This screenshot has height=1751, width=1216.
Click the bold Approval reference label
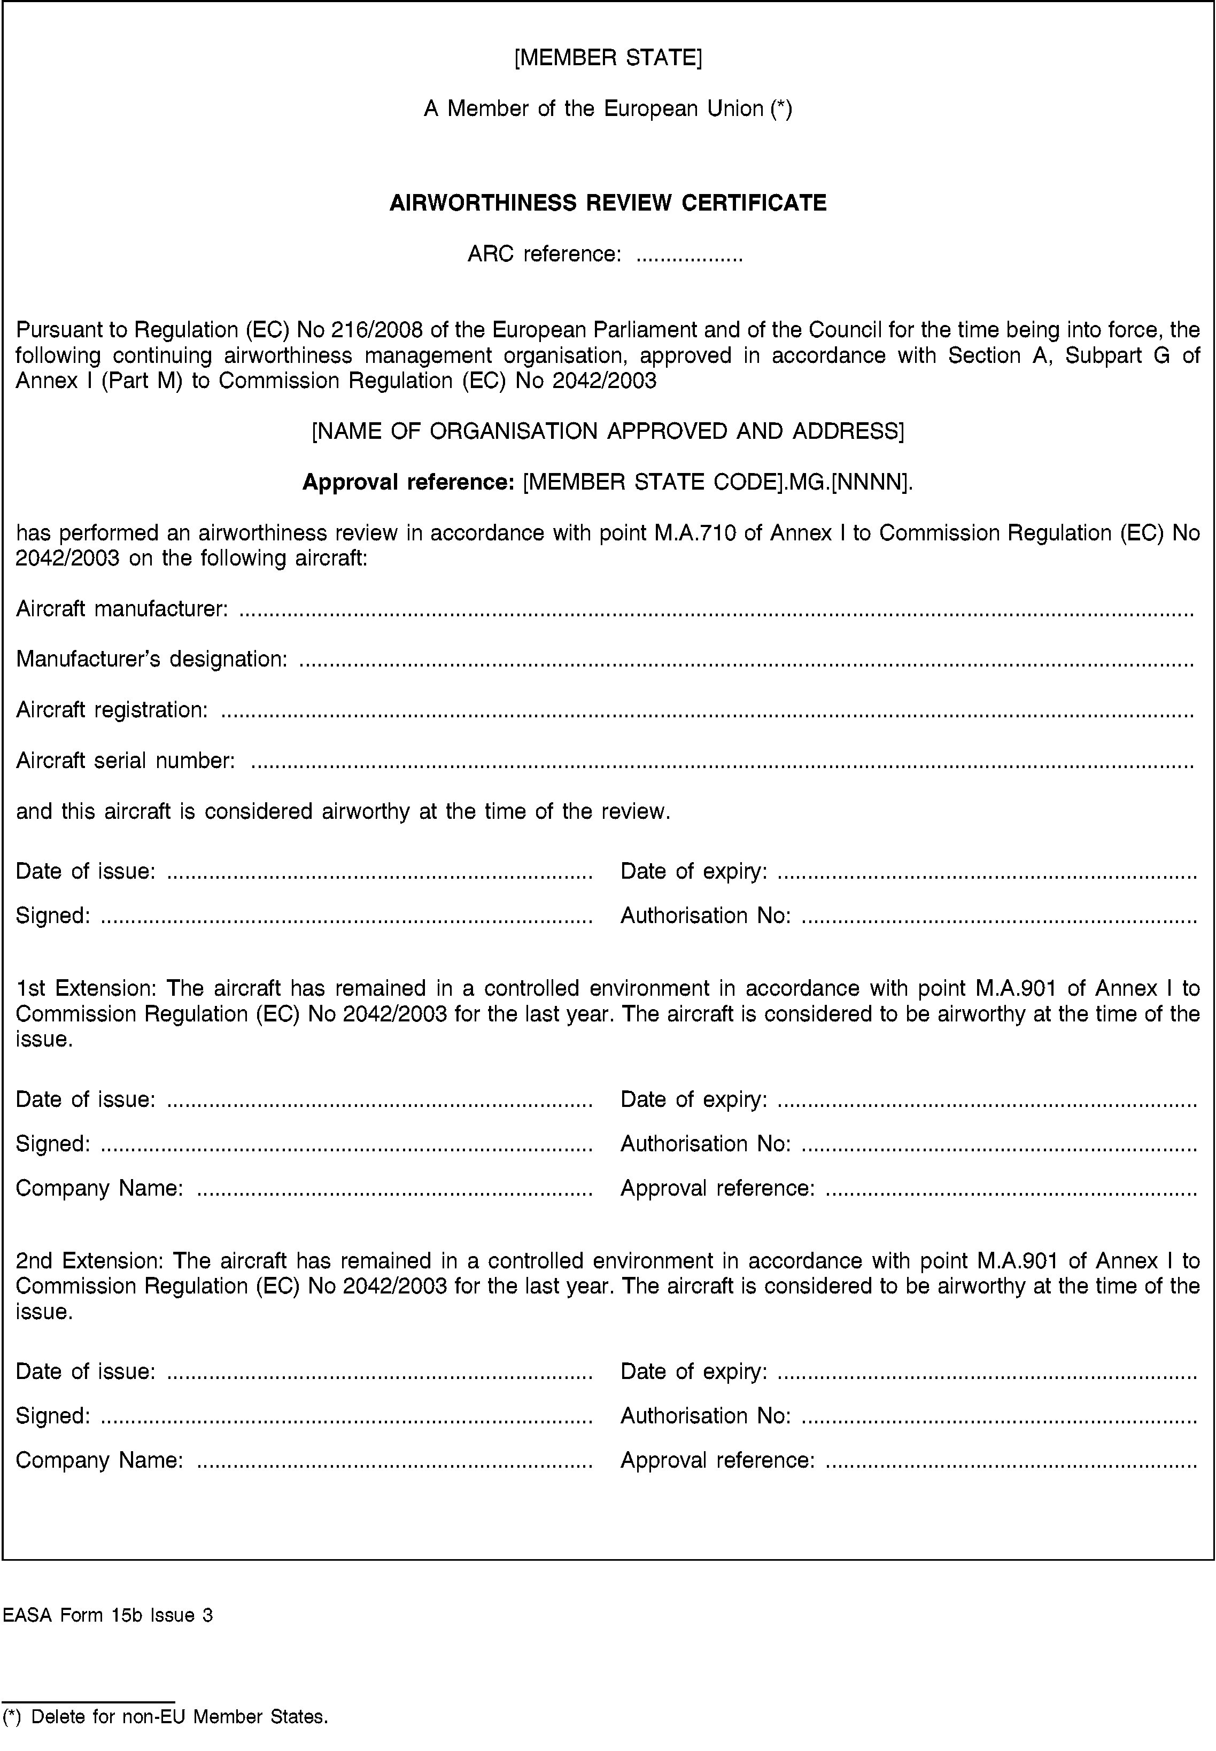pyautogui.click(x=409, y=482)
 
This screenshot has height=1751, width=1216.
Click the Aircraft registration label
pyautogui.click(x=111, y=710)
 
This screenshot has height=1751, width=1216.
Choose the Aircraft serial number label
pyautogui.click(x=125, y=761)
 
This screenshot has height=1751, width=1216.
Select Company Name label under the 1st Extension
pyautogui.click(x=99, y=1188)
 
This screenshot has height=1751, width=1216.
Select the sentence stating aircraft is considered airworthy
pyautogui.click(x=343, y=811)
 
